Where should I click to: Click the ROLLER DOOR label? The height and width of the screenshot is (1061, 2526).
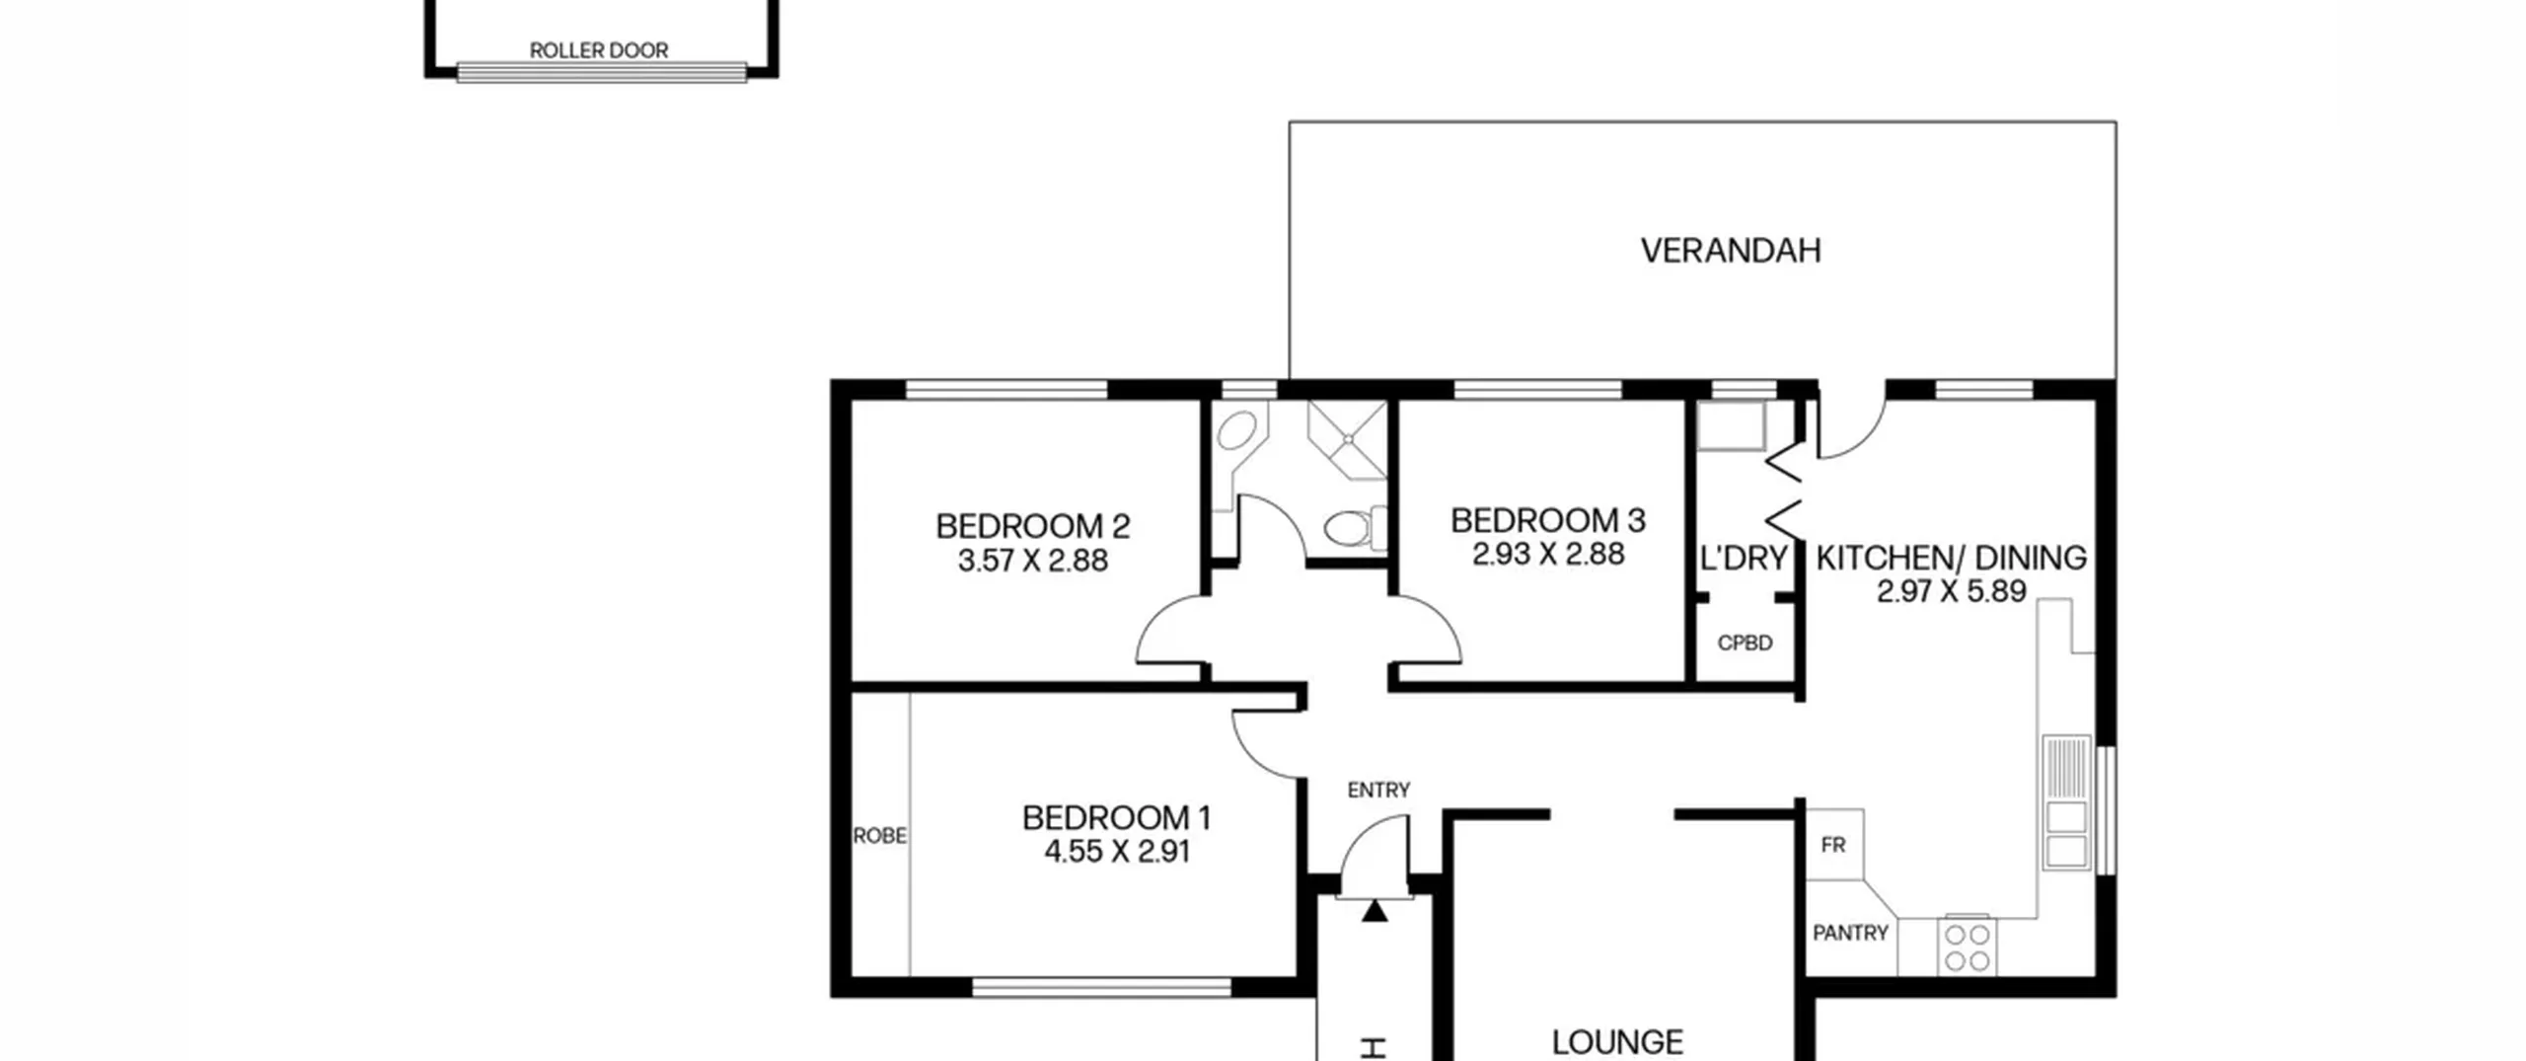599,50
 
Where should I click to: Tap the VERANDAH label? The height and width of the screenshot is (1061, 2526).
1731,251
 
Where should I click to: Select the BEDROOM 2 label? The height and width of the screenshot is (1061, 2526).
1033,526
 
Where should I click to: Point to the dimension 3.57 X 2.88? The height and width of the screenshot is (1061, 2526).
1033,561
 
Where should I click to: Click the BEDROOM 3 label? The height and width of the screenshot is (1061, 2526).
1548,520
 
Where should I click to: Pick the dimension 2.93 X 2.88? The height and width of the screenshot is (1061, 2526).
1548,555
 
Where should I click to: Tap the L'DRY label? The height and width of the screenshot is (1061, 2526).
1744,559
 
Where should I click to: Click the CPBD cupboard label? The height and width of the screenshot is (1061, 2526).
1745,644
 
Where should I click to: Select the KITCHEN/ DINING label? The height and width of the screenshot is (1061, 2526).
1952,558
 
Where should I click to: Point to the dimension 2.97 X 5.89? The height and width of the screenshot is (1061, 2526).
1952,591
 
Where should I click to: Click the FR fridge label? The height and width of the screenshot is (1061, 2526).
1833,846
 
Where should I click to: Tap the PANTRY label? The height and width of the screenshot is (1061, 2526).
1850,933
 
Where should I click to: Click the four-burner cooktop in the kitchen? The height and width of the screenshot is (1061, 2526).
1967,947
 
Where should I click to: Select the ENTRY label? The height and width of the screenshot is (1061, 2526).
1378,791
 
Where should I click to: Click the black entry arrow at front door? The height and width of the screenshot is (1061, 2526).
1374,911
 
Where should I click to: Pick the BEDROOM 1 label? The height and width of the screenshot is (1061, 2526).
1116,818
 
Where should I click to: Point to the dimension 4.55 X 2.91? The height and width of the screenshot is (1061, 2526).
1116,852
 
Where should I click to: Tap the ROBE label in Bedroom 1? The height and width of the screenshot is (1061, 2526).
879,836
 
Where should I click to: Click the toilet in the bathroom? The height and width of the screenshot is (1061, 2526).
1354,529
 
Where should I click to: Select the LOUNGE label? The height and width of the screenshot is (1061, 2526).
1617,1042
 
